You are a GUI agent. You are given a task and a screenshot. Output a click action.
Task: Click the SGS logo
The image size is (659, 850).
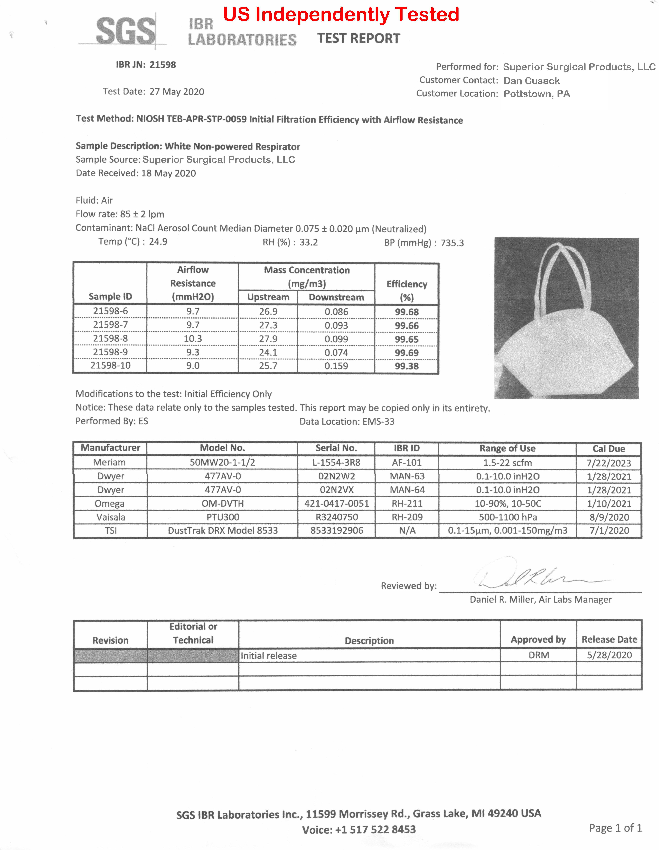pos(125,31)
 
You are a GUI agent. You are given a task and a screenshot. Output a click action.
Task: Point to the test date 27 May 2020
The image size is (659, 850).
pos(177,92)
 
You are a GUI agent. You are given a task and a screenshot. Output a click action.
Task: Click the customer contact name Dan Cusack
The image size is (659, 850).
pos(531,81)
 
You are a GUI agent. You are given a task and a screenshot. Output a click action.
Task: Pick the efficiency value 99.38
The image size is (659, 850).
pos(407,366)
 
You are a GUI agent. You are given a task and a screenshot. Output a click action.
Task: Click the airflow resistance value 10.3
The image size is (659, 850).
pos(193,339)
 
